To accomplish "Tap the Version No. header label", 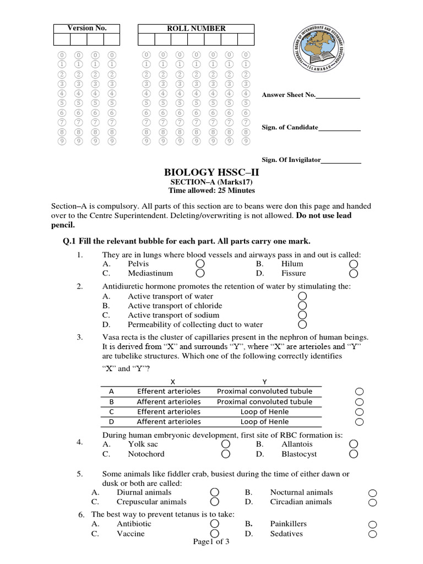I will [x=86, y=28].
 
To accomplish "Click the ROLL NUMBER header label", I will [x=196, y=28].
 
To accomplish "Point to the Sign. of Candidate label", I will [x=290, y=127].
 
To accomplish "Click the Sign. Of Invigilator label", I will [x=291, y=160].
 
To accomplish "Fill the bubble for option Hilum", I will [x=354, y=264].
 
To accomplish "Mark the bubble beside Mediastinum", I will [x=200, y=273].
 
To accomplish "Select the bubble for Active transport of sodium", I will [x=302, y=315].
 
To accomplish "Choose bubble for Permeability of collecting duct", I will [x=302, y=324].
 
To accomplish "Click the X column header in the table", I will [x=172, y=381].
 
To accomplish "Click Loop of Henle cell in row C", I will [x=264, y=411].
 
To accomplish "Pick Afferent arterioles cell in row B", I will [x=169, y=402].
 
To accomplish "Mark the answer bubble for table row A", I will [x=360, y=392].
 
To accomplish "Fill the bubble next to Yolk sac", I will [x=226, y=444].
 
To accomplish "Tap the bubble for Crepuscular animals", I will [x=215, y=502].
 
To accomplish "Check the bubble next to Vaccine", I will [x=215, y=534].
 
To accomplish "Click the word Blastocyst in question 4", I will [x=299, y=454].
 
